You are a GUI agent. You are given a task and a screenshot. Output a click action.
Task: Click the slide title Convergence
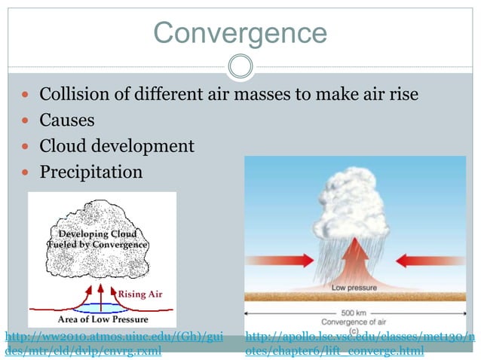click(x=240, y=32)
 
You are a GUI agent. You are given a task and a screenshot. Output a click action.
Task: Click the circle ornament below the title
click(x=240, y=66)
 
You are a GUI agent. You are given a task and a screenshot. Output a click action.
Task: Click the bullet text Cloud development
click(x=117, y=146)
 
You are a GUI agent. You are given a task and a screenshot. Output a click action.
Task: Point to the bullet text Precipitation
click(x=90, y=172)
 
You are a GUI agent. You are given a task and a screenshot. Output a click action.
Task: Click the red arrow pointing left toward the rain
click(x=430, y=261)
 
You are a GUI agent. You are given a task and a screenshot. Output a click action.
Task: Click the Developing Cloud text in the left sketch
click(x=103, y=234)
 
